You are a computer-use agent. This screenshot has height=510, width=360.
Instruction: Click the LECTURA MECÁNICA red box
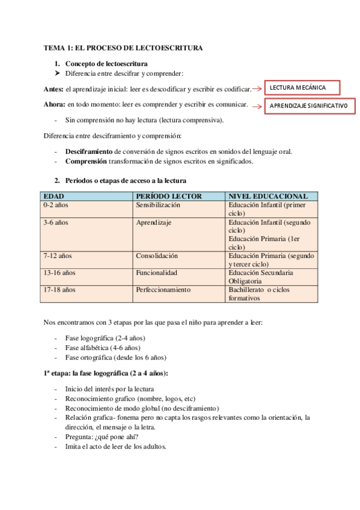[x=301, y=88]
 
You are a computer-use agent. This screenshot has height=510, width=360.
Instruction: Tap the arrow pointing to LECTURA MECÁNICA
[x=257, y=89]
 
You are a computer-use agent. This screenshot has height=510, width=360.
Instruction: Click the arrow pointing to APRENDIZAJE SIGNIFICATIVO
[x=257, y=106]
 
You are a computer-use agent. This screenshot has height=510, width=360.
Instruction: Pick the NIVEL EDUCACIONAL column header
[x=268, y=197]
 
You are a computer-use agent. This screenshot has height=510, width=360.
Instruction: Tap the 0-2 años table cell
[x=56, y=205]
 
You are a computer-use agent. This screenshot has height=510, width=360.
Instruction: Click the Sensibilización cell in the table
[x=158, y=205]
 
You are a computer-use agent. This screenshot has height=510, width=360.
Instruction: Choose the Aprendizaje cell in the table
[x=154, y=223]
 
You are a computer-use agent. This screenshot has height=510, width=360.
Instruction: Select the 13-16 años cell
[x=59, y=272]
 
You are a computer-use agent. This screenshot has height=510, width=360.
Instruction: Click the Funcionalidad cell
[x=157, y=272]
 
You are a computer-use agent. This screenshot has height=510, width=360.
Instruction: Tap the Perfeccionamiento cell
[x=163, y=289]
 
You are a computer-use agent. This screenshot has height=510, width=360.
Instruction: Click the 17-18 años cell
[x=59, y=289]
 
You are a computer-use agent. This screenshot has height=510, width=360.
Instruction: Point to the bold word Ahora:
[x=54, y=105]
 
